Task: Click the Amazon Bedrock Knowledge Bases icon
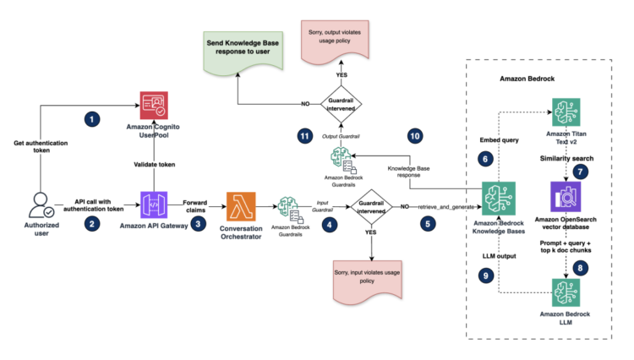point(495,201)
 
